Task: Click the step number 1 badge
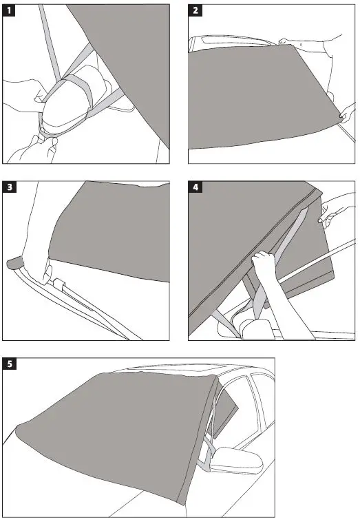pos(10,10)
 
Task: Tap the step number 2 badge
pos(195,10)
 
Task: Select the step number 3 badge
pos(10,187)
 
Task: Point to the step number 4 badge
pos(195,187)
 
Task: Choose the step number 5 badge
pos(10,365)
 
